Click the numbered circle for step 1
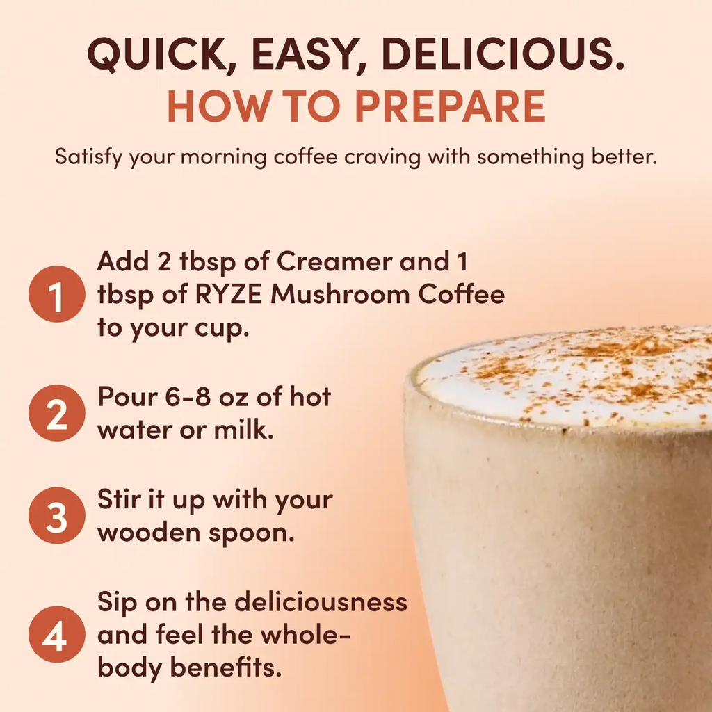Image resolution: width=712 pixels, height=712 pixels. (56, 294)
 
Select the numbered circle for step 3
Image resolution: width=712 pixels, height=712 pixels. (56, 517)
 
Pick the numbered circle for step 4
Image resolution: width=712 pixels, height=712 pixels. (56, 637)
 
